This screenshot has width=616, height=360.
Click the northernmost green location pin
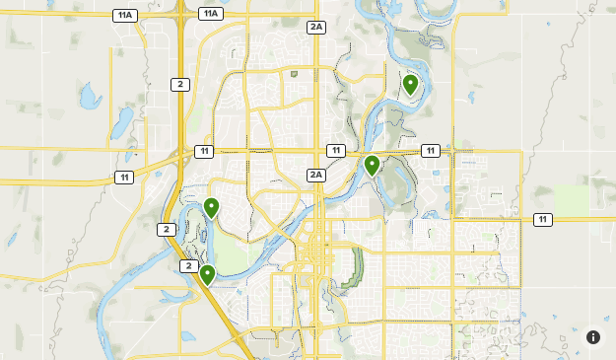click(x=410, y=84)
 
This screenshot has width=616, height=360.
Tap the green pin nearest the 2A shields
click(x=372, y=165)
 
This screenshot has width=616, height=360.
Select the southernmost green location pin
click(x=207, y=274)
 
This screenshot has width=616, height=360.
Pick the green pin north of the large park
click(x=211, y=207)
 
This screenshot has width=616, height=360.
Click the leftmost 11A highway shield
click(x=124, y=15)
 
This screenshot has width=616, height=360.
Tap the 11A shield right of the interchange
click(x=210, y=13)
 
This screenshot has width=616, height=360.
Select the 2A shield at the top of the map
click(x=315, y=27)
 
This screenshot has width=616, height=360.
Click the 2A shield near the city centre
click(x=315, y=175)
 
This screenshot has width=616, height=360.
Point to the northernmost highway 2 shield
click(x=179, y=84)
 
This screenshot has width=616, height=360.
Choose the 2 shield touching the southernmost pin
click(x=188, y=266)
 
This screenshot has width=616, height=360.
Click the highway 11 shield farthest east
click(x=543, y=219)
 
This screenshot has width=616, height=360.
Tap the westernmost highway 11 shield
click(x=123, y=178)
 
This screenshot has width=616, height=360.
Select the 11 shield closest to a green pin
click(x=336, y=150)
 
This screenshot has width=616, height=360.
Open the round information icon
click(x=593, y=337)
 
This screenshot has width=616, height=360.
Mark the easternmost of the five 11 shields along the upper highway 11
click(x=431, y=150)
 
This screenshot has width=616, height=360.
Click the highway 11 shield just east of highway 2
click(x=203, y=151)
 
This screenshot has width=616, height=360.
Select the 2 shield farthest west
click(x=165, y=229)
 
